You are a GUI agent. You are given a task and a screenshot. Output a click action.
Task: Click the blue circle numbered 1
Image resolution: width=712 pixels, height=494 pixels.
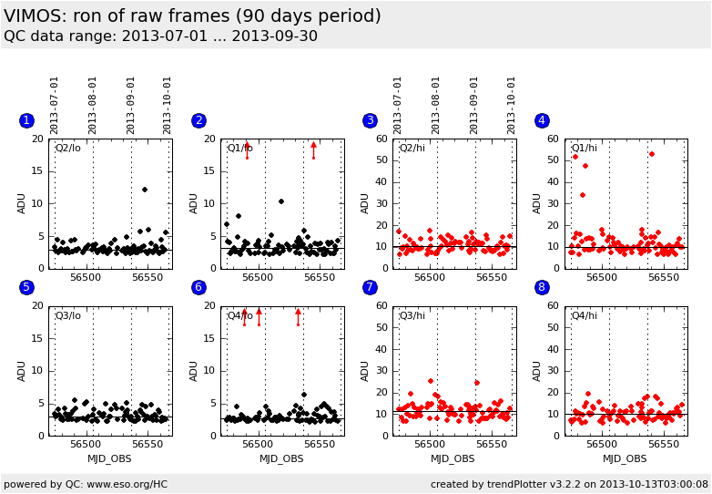(x=26, y=120)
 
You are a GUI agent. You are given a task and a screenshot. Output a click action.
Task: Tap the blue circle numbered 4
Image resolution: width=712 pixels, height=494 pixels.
(x=542, y=120)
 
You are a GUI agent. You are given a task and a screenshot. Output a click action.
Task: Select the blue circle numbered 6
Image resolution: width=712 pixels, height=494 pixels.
(x=198, y=288)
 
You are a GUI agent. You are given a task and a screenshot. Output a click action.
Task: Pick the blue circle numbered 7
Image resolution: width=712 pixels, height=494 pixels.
(x=370, y=288)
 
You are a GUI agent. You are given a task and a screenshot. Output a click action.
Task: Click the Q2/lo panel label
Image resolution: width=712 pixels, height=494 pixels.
(x=67, y=148)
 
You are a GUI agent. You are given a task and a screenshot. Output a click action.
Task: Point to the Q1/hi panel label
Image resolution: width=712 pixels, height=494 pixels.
(x=584, y=148)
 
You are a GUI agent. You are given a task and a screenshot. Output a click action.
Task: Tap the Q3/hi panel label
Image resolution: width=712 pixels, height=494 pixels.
(x=412, y=315)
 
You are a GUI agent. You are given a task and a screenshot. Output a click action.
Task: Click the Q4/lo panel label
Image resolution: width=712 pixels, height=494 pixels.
(x=240, y=315)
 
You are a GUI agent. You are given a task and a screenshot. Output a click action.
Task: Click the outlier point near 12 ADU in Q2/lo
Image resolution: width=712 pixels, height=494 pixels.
(x=145, y=190)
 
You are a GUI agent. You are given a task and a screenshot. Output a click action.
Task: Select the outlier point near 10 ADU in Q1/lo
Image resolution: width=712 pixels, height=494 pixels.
(x=281, y=201)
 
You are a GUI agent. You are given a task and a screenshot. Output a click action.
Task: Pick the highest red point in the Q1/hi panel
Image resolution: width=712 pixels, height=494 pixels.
(x=652, y=154)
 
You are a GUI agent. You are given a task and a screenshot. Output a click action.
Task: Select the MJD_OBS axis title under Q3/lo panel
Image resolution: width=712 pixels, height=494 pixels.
(x=109, y=458)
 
